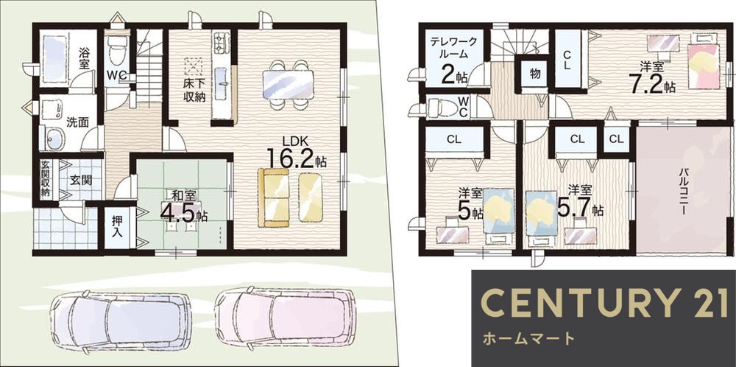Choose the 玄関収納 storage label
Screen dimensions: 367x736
coord(46,178)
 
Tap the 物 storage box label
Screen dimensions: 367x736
coord(534,73)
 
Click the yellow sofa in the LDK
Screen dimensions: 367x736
coord(289,197)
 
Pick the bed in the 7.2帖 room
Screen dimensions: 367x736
coord(703,65)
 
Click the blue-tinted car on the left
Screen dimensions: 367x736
coord(121,318)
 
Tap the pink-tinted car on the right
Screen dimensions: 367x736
coord(286,317)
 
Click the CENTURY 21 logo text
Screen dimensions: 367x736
coord(604,303)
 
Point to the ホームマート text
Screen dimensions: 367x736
coord(528,340)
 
